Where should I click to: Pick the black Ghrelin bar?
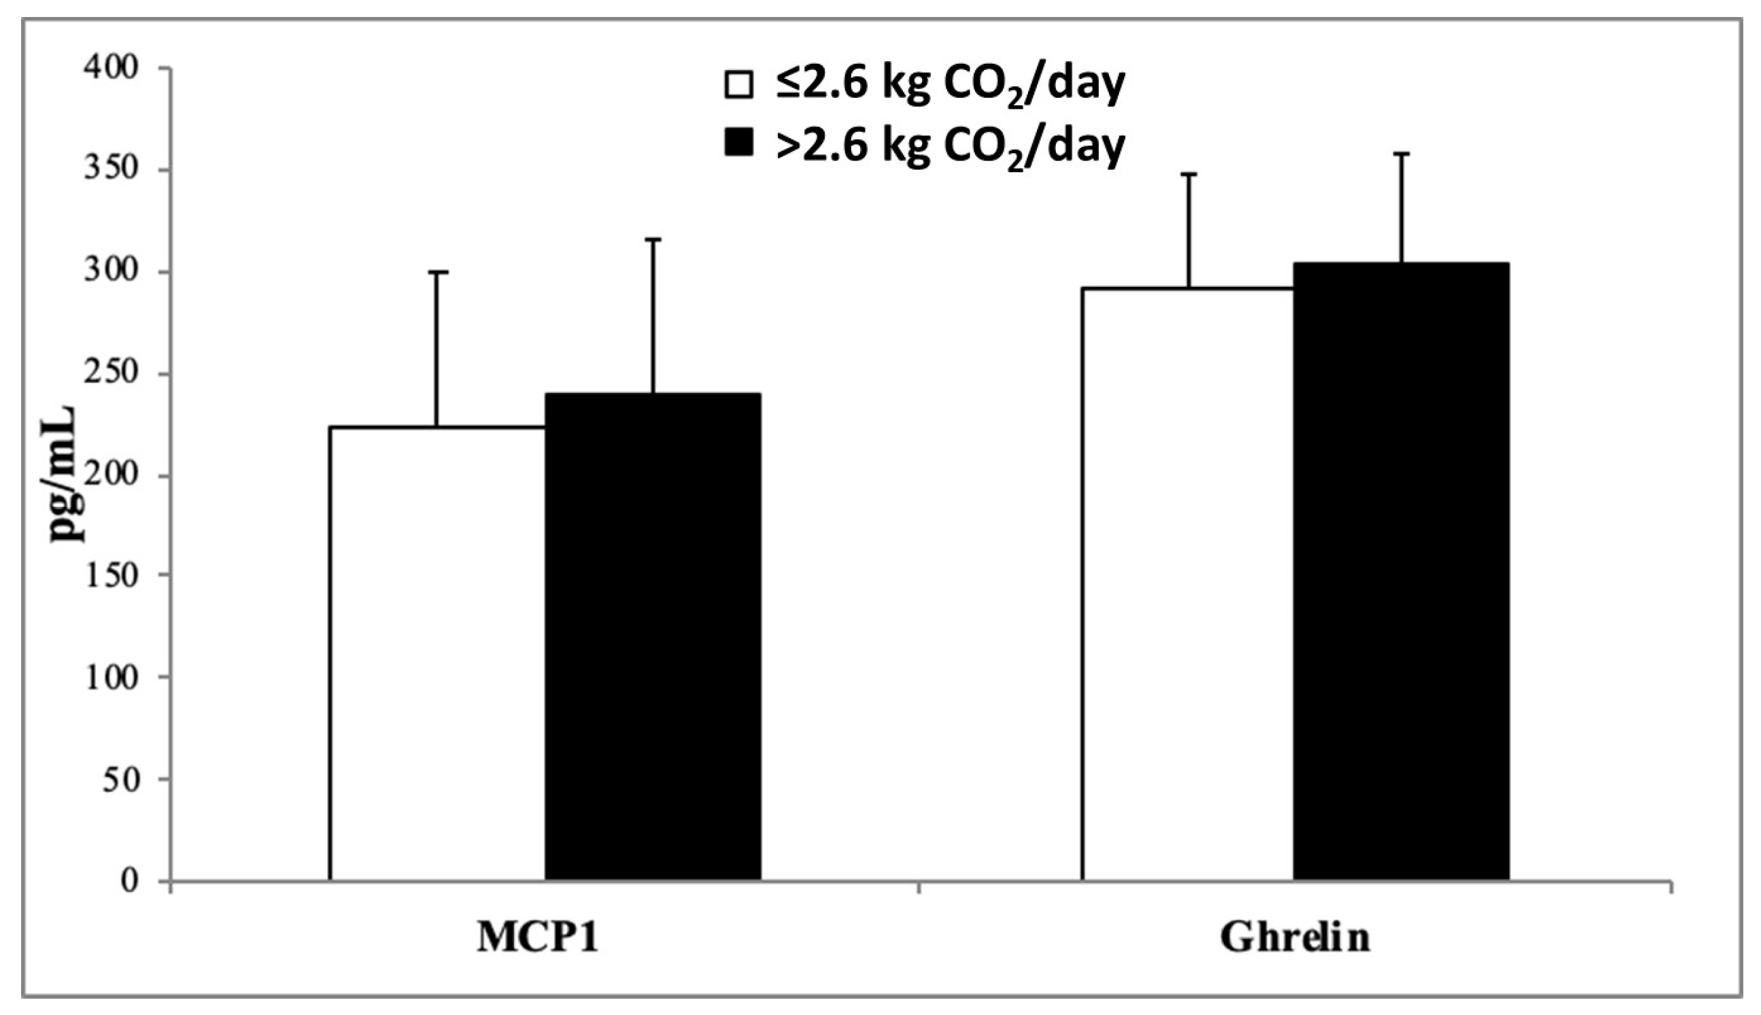(x=1401, y=571)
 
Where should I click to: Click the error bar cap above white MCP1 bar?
(x=437, y=272)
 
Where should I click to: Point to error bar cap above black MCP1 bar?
(x=653, y=239)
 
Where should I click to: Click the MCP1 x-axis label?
(x=538, y=938)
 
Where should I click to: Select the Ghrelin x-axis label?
(x=1295, y=938)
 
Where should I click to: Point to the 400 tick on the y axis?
(x=112, y=68)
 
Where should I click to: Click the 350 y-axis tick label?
(x=112, y=170)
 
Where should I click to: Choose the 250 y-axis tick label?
(x=112, y=375)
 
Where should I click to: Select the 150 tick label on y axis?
(x=112, y=575)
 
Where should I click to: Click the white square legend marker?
(x=739, y=85)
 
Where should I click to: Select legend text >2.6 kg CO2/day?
(x=950, y=145)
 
